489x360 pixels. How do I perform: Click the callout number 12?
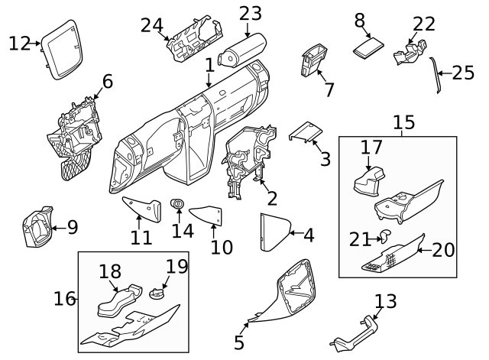[x=19, y=44]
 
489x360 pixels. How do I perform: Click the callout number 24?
[x=151, y=24]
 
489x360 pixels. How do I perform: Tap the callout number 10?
[x=222, y=248]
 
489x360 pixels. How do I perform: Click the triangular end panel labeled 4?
[x=271, y=232]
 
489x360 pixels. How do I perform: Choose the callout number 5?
[x=239, y=342]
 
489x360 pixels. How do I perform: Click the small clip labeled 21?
[x=385, y=238]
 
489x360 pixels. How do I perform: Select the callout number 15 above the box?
[x=403, y=122]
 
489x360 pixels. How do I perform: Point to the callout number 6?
[x=107, y=81]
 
